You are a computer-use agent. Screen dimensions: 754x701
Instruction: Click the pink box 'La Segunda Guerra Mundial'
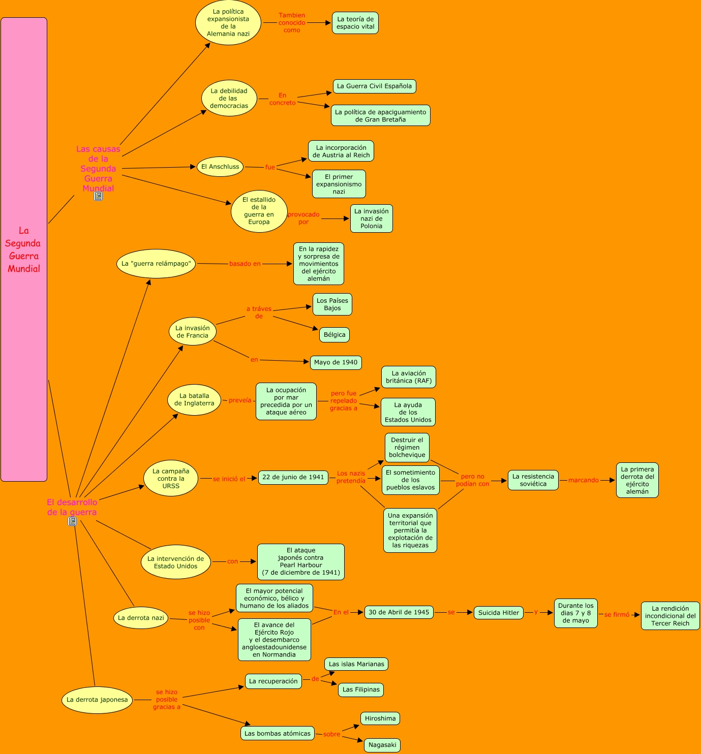point(24,249)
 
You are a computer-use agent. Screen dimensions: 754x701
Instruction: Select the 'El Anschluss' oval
point(220,167)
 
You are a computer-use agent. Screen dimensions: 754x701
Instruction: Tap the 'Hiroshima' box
point(380,718)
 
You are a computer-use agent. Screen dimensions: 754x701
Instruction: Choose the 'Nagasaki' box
point(382,745)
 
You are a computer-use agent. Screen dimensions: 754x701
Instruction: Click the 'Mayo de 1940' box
point(336,362)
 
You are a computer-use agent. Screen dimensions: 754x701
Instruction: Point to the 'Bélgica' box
point(334,335)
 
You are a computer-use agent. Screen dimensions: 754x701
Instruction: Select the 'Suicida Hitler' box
point(498,613)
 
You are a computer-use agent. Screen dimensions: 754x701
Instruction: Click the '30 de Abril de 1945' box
point(399,612)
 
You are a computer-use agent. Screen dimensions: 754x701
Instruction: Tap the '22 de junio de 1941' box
point(293,477)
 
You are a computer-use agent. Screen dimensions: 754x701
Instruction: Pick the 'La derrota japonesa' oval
point(97,700)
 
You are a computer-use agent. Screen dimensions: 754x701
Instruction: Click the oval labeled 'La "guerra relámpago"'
point(156,264)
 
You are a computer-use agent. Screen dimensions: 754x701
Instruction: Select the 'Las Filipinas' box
point(361,689)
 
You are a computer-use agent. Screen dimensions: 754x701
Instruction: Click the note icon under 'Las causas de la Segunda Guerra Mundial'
point(98,196)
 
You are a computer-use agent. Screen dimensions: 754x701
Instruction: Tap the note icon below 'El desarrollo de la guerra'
point(72,521)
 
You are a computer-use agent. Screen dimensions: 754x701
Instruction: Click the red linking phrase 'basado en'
point(245,264)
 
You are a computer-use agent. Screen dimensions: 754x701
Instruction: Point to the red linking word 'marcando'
point(583,480)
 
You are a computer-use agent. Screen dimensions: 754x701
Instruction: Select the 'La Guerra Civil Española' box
point(374,86)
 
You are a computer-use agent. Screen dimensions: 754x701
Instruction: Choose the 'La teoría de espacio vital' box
point(355,23)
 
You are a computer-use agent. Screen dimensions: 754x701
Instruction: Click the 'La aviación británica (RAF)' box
point(408,377)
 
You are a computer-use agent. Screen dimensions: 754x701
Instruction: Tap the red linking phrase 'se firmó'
point(617,615)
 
